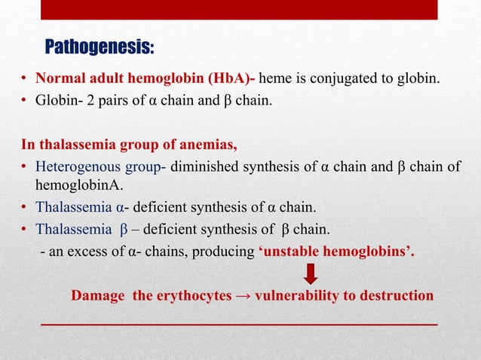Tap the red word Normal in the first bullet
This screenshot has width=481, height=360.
tap(60, 78)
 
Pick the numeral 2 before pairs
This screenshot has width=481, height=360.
tap(90, 99)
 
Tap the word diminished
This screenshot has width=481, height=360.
tap(201, 167)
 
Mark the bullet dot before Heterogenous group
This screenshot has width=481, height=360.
tap(25, 168)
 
